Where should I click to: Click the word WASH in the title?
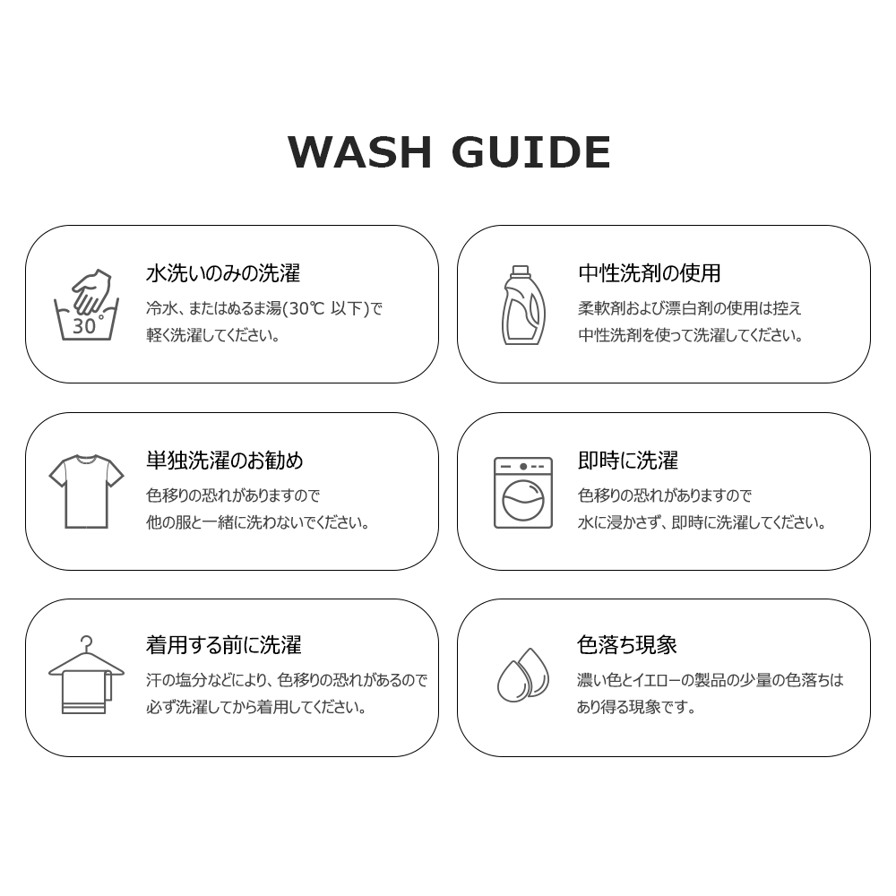click(359, 152)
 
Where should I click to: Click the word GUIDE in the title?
click(531, 152)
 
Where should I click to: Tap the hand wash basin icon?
click(86, 305)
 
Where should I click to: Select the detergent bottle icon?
click(522, 306)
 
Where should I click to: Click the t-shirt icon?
click(86, 491)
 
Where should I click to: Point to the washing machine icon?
click(523, 492)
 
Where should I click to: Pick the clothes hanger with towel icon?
click(86, 675)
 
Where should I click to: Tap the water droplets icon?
click(523, 675)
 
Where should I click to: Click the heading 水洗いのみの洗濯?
click(223, 273)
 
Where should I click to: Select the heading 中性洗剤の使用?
click(649, 273)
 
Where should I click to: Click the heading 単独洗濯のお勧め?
click(225, 460)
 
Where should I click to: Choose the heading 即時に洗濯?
click(628, 460)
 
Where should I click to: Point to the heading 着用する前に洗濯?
click(223, 644)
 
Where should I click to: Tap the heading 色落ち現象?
click(627, 644)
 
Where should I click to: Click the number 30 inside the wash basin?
click(83, 326)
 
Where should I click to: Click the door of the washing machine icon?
click(523, 500)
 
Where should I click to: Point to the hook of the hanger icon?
click(87, 642)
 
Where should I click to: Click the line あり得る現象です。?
click(636, 707)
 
